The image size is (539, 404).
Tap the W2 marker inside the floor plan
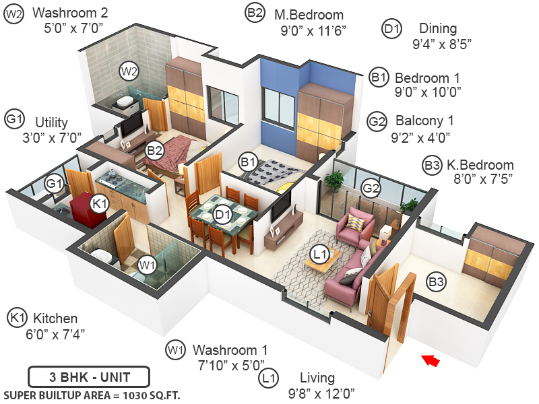click(129, 70)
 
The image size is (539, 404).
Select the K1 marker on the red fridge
click(100, 203)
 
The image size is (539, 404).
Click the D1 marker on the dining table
click(222, 215)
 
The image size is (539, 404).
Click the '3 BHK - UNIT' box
click(89, 376)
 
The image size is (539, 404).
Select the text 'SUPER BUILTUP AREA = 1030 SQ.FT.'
click(92, 395)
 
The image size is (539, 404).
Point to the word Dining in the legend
click(438, 29)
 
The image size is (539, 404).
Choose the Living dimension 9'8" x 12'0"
click(321, 393)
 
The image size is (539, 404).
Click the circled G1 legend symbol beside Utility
click(14, 120)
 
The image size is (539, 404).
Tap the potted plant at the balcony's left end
click(334, 180)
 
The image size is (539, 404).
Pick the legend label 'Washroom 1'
click(230, 350)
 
